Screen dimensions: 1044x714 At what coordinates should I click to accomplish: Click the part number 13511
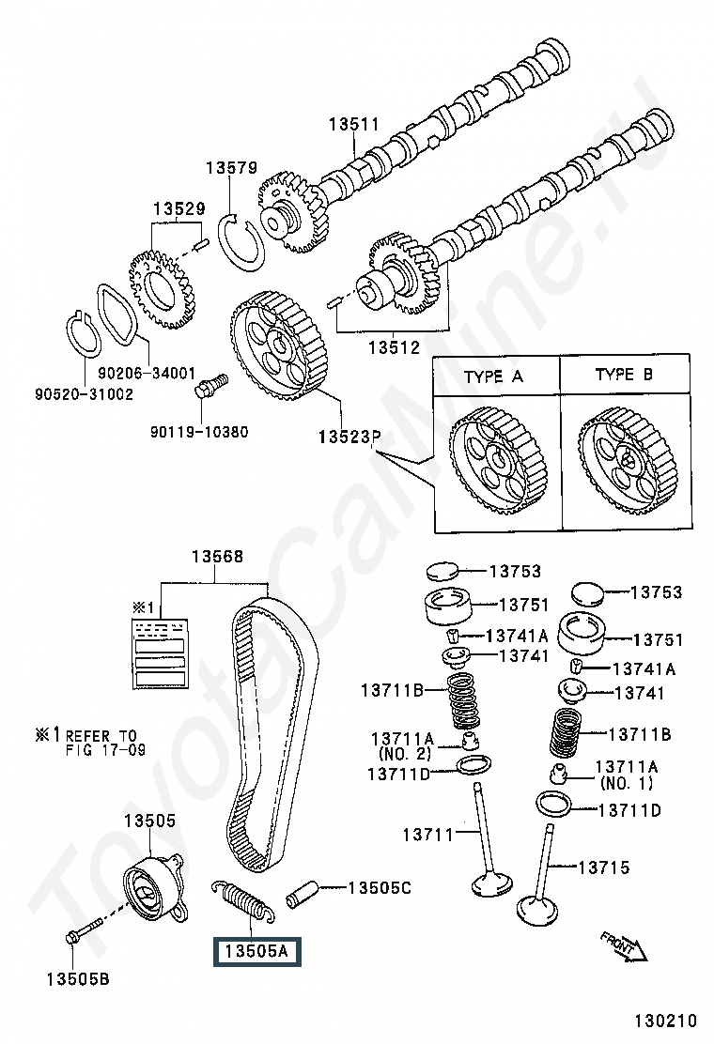(x=353, y=124)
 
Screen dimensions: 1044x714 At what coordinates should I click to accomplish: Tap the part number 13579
(x=231, y=168)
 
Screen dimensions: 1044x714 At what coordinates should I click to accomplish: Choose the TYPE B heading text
(x=624, y=375)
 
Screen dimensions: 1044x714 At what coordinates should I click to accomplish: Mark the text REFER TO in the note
(x=101, y=735)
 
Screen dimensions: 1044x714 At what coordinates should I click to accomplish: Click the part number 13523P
(x=348, y=437)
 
